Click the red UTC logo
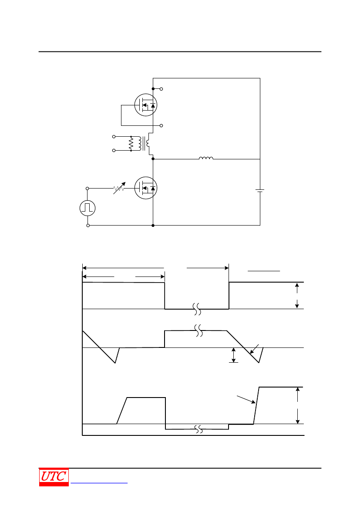point(54,477)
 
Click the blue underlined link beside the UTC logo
point(99,483)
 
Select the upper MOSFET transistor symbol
point(146,105)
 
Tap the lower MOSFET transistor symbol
point(146,188)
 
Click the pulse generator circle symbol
point(87,208)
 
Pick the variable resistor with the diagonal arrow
point(119,188)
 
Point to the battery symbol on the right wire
point(260,191)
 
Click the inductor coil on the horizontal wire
point(206,158)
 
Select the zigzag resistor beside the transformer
point(131,144)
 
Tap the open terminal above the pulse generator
point(87,188)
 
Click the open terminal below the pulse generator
point(88,225)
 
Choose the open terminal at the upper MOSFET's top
point(161,89)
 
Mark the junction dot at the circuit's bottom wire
point(153,225)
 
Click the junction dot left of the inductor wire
point(153,159)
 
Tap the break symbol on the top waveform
point(197,309)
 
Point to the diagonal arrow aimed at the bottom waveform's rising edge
point(246,400)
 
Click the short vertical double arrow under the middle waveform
point(233,355)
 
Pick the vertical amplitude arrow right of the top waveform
point(297,296)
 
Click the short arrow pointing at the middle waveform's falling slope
point(255,349)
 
